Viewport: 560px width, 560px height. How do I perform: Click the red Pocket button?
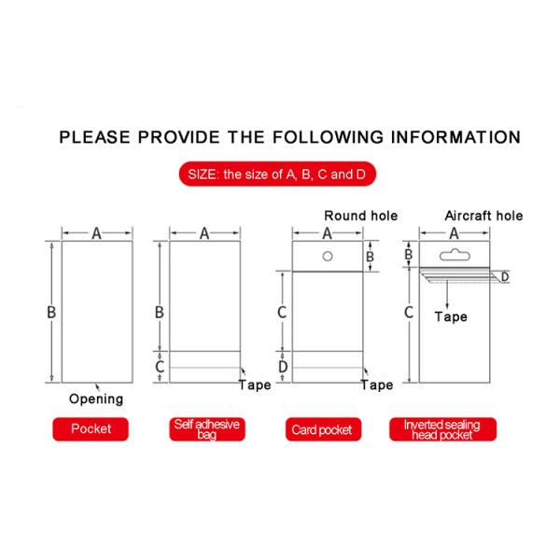pos(91,429)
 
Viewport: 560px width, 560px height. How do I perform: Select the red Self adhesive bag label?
pos(207,429)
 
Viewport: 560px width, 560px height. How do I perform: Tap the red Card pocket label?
pos(323,429)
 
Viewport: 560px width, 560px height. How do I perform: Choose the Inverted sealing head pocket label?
pos(442,429)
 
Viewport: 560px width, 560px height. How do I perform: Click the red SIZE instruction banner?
pos(277,174)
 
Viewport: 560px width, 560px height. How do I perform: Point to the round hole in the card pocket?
pos(328,256)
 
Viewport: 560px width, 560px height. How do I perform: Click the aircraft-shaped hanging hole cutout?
pos(455,255)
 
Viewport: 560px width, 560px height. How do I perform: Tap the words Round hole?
pos(360,216)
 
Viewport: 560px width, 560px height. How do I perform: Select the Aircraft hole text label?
pos(483,216)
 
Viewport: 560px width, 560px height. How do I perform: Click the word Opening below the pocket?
pos(96,399)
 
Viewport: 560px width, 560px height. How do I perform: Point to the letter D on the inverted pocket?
pos(505,277)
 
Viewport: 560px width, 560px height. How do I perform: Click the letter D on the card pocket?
pos(283,367)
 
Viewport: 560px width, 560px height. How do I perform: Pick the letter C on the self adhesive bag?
pos(160,367)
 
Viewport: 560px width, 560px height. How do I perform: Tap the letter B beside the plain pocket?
pos(51,312)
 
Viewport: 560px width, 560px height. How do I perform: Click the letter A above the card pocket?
pos(328,233)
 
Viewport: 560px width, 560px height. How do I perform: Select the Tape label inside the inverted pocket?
pos(451,316)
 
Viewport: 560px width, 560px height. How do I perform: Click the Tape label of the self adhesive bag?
pos(255,385)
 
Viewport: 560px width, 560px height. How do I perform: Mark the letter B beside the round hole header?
pos(370,257)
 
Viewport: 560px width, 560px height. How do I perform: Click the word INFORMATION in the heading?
pos(455,137)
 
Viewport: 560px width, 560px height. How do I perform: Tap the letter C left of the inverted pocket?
pos(409,312)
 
